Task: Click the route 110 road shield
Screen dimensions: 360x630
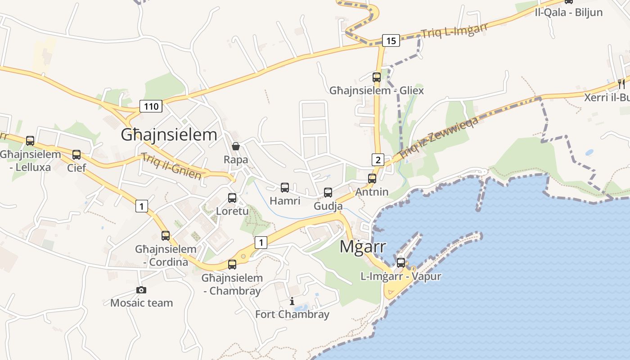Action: pos(151,106)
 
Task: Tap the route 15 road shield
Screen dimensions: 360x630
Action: pos(391,40)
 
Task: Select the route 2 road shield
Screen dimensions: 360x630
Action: pos(378,159)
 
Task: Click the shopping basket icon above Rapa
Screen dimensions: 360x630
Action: pos(235,146)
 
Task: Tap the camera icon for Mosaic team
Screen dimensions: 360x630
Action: pos(141,290)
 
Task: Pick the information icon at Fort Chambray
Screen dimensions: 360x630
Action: pos(292,301)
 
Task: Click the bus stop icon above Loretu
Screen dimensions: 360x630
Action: pos(232,198)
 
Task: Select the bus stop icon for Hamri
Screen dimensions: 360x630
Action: pos(284,188)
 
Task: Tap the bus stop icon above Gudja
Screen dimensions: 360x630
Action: pos(328,193)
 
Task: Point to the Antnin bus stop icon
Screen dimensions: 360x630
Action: pos(372,178)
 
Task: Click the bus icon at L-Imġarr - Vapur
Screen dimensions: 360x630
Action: pos(400,262)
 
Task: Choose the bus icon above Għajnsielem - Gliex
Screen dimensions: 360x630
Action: pos(377,77)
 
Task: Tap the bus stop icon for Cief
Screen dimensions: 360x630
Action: pos(76,155)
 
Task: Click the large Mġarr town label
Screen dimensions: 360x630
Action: pos(363,247)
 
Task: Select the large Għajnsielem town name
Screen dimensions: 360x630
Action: pos(169,135)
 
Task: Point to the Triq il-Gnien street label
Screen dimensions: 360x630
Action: pos(171,166)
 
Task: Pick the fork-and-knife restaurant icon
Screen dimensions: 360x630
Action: pos(621,84)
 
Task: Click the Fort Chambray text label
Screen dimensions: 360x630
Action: pos(292,314)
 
